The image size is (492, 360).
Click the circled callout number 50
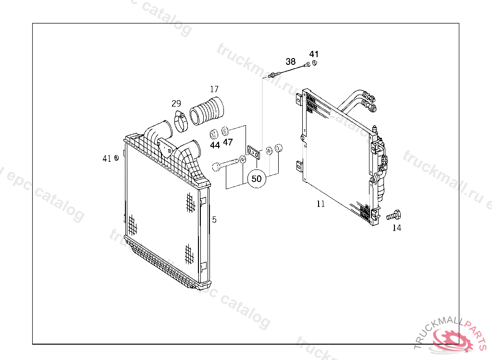[x=257, y=179]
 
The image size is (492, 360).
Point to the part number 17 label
[x=214, y=89]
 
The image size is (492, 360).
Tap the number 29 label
[x=176, y=104]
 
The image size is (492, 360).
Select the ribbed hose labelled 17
[x=207, y=111]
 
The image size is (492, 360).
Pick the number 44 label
[x=215, y=145]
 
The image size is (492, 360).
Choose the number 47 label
[x=228, y=143]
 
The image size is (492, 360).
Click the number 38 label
[x=291, y=61]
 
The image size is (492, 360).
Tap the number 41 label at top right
[x=314, y=54]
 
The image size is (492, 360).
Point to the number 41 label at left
[x=107, y=159]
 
